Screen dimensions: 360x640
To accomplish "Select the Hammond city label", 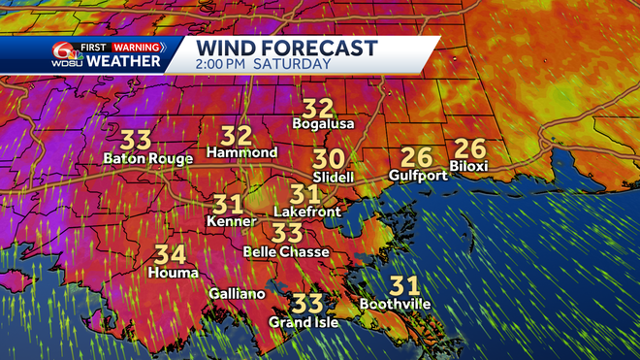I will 242,152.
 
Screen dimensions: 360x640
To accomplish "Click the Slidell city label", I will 333,178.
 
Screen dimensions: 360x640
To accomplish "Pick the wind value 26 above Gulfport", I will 417,157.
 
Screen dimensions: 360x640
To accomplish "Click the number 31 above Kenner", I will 229,205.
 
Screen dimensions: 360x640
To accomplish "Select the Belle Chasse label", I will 285,251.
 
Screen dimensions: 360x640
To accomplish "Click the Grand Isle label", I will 304,322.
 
